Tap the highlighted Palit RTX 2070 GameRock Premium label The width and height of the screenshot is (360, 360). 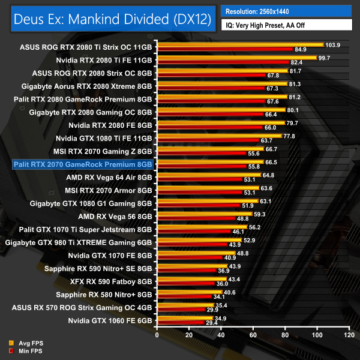[x=83, y=164]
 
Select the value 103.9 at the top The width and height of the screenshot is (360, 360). [x=332, y=45]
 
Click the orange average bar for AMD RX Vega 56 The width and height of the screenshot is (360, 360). [x=204, y=214]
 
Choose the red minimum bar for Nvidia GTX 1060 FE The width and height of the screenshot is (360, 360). [x=180, y=323]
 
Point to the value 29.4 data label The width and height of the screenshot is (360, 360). [x=212, y=323]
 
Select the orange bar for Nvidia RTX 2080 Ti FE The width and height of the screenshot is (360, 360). [x=236, y=58]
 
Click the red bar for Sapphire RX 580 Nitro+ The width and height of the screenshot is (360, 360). [x=184, y=296]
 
